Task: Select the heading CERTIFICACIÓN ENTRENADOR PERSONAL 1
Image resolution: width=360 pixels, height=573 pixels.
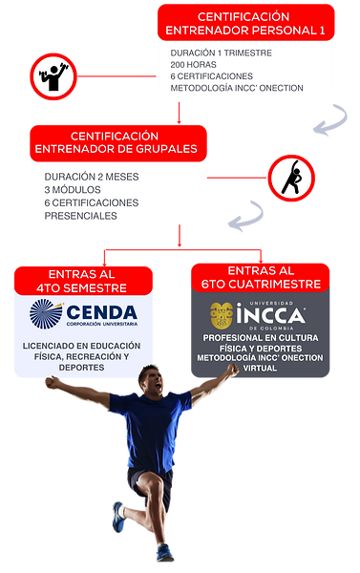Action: [256, 24]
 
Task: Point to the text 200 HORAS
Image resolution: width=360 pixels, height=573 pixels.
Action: [193, 64]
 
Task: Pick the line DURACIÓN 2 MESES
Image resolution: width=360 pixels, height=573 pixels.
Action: [90, 177]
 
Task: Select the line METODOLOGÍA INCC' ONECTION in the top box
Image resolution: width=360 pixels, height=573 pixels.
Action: [237, 89]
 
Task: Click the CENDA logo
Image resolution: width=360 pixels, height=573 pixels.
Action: [83, 314]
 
